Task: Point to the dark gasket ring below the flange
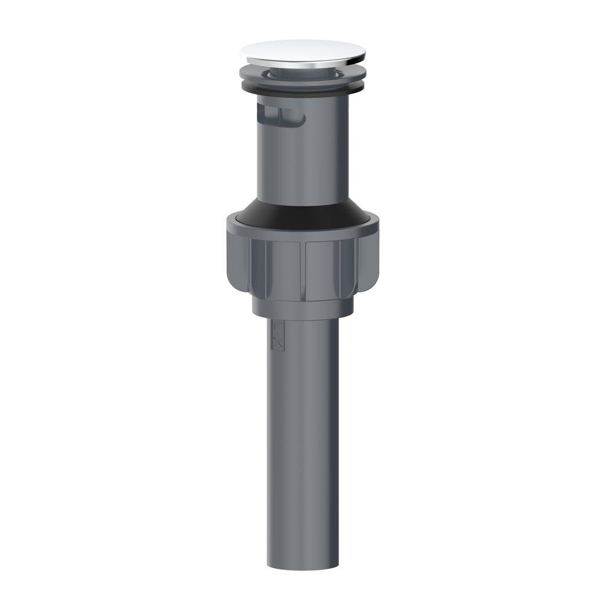coord(301,88)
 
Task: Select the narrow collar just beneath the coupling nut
coord(301,308)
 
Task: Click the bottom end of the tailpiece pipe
coord(301,564)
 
